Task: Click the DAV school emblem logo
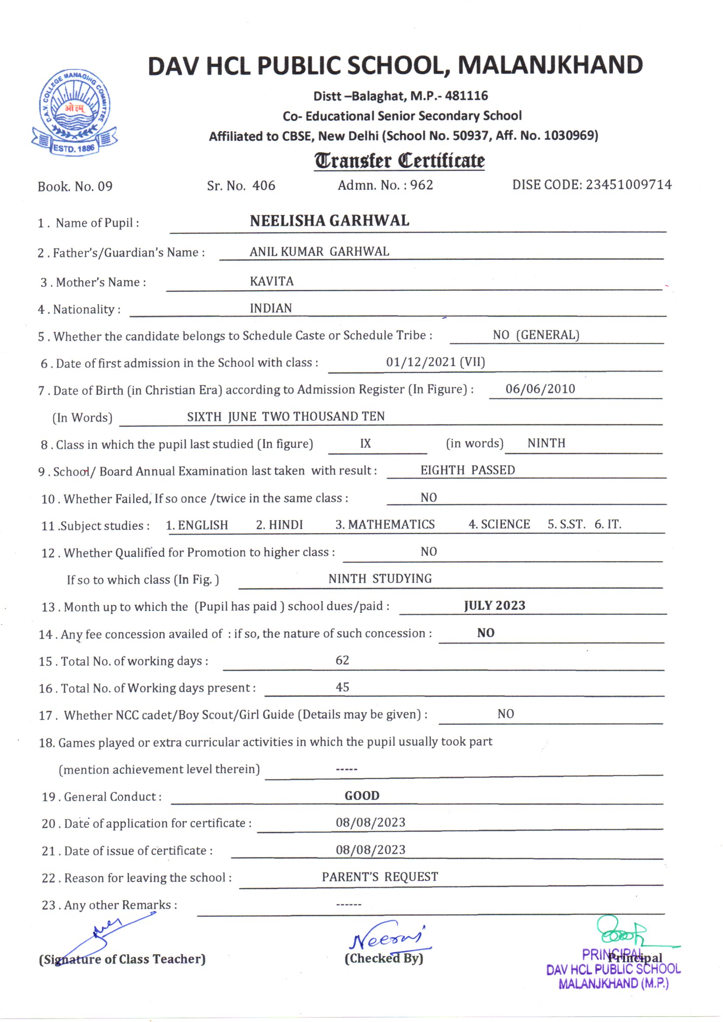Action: tap(75, 112)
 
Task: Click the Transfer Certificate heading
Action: tap(400, 161)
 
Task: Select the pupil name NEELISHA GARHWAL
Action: tap(330, 221)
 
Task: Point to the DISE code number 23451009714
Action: tap(629, 185)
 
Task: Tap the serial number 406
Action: tap(264, 186)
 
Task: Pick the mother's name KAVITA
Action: tap(271, 282)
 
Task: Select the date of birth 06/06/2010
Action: tap(540, 389)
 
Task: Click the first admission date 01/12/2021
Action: tap(421, 362)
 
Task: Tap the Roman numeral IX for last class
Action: tap(365, 443)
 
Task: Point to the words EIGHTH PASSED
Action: tap(467, 470)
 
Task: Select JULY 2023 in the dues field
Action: tap(495, 605)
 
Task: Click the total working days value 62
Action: tap(342, 660)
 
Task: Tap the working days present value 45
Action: tap(342, 687)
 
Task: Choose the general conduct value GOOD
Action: tap(362, 796)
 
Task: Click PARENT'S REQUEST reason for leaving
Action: tap(380, 877)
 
